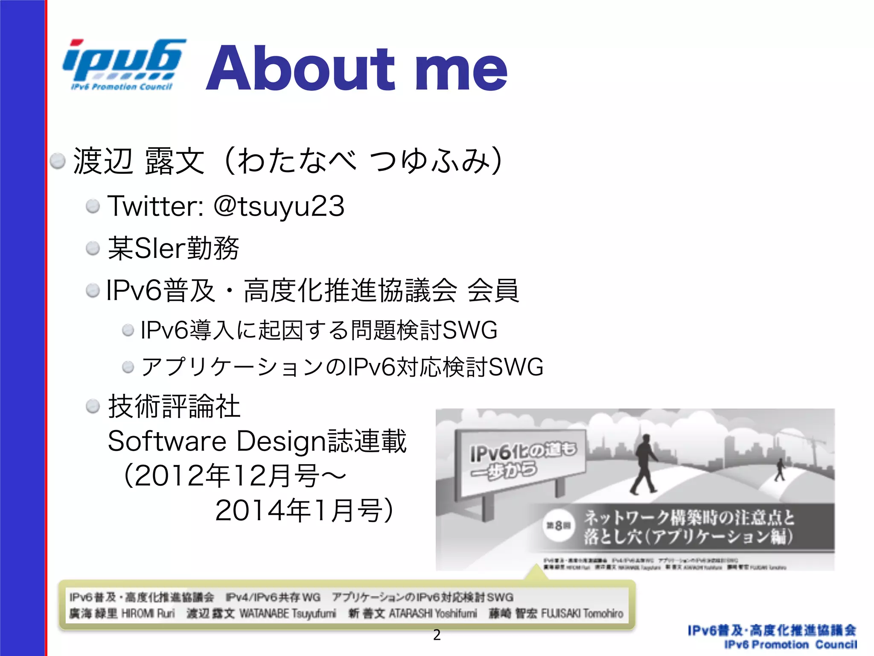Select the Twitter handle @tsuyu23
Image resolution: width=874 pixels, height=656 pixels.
pos(279,206)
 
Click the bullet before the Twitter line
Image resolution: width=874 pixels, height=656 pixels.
pos(93,207)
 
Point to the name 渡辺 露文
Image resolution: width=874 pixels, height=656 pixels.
pos(139,161)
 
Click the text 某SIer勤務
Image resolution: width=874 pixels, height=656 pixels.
pos(173,248)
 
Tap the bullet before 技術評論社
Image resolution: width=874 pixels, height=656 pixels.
pos(93,406)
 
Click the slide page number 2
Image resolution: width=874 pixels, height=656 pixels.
pos(437,635)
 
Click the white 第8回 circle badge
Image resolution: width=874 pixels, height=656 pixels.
pos(558,526)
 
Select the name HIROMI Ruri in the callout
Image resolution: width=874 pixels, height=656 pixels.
pos(148,614)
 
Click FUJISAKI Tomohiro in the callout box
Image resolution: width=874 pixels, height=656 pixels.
pos(582,614)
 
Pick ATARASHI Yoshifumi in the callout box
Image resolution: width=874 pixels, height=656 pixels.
pos(433,614)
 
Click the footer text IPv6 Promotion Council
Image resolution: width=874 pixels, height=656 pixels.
pos(790,645)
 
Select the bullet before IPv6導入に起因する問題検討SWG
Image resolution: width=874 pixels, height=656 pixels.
pos(128,330)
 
